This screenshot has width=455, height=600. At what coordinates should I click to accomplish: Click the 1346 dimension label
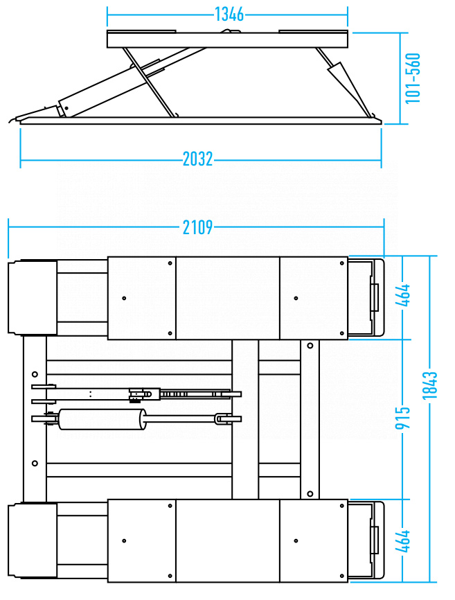[x=229, y=15]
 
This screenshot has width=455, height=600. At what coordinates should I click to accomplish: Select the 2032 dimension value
[x=197, y=159]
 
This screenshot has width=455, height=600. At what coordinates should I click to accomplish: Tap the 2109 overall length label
[x=197, y=227]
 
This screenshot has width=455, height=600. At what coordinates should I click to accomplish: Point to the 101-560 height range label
[x=413, y=78]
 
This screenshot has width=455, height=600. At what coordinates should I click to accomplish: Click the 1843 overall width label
[x=430, y=385]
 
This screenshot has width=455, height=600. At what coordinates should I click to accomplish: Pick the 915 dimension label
[x=402, y=418]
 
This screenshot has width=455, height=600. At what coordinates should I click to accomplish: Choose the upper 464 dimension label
[x=402, y=295]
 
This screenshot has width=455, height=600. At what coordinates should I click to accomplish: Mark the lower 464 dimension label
[x=402, y=541]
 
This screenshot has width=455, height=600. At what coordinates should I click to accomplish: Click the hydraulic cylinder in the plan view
[x=102, y=419]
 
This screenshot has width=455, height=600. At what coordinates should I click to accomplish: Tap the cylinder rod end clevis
[x=223, y=419]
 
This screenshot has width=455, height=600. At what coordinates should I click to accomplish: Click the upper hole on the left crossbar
[x=35, y=374]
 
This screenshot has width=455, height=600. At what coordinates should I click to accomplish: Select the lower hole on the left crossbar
[x=35, y=464]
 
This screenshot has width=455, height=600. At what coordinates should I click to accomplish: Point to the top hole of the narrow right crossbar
[x=310, y=346]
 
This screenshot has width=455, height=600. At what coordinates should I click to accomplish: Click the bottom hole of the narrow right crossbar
[x=310, y=494]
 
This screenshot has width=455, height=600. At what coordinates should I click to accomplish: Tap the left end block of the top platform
[x=33, y=298]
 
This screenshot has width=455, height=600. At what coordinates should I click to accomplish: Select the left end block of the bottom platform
[x=33, y=540]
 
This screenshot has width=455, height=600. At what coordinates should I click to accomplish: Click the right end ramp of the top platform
[x=366, y=297]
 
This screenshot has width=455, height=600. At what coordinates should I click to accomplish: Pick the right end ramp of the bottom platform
[x=366, y=540]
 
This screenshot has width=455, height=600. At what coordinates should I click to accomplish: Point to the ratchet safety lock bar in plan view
[x=195, y=394]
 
